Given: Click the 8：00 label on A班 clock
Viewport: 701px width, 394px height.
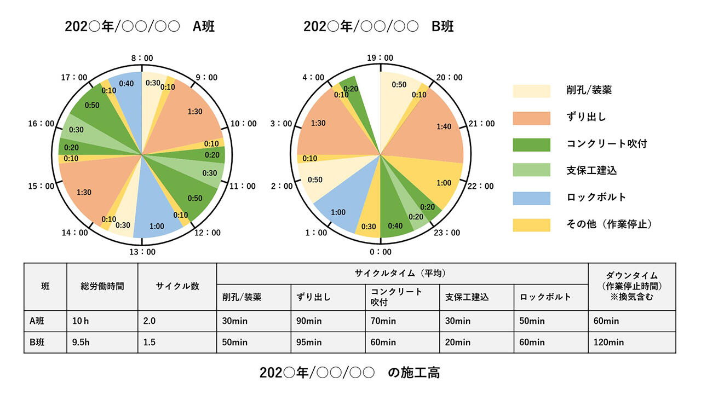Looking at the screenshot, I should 142,57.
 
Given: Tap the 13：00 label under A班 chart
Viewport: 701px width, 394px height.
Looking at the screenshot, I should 142,252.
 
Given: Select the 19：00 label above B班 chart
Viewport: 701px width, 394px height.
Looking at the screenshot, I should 380,57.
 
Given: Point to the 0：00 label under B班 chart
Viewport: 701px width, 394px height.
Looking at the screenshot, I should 380,252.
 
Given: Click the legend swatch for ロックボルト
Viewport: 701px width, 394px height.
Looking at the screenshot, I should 531,198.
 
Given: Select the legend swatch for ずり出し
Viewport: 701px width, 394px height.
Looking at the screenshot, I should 531,118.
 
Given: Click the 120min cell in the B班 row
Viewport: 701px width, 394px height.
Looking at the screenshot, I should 631,343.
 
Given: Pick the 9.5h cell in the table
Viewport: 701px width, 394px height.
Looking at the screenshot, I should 102,343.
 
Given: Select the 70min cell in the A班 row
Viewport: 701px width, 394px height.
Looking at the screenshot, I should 402,321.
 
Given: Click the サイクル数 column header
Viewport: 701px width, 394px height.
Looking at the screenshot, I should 177,286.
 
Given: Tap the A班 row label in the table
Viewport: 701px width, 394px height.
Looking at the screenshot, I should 45,321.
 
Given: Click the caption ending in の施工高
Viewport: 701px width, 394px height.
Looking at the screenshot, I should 349,373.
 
